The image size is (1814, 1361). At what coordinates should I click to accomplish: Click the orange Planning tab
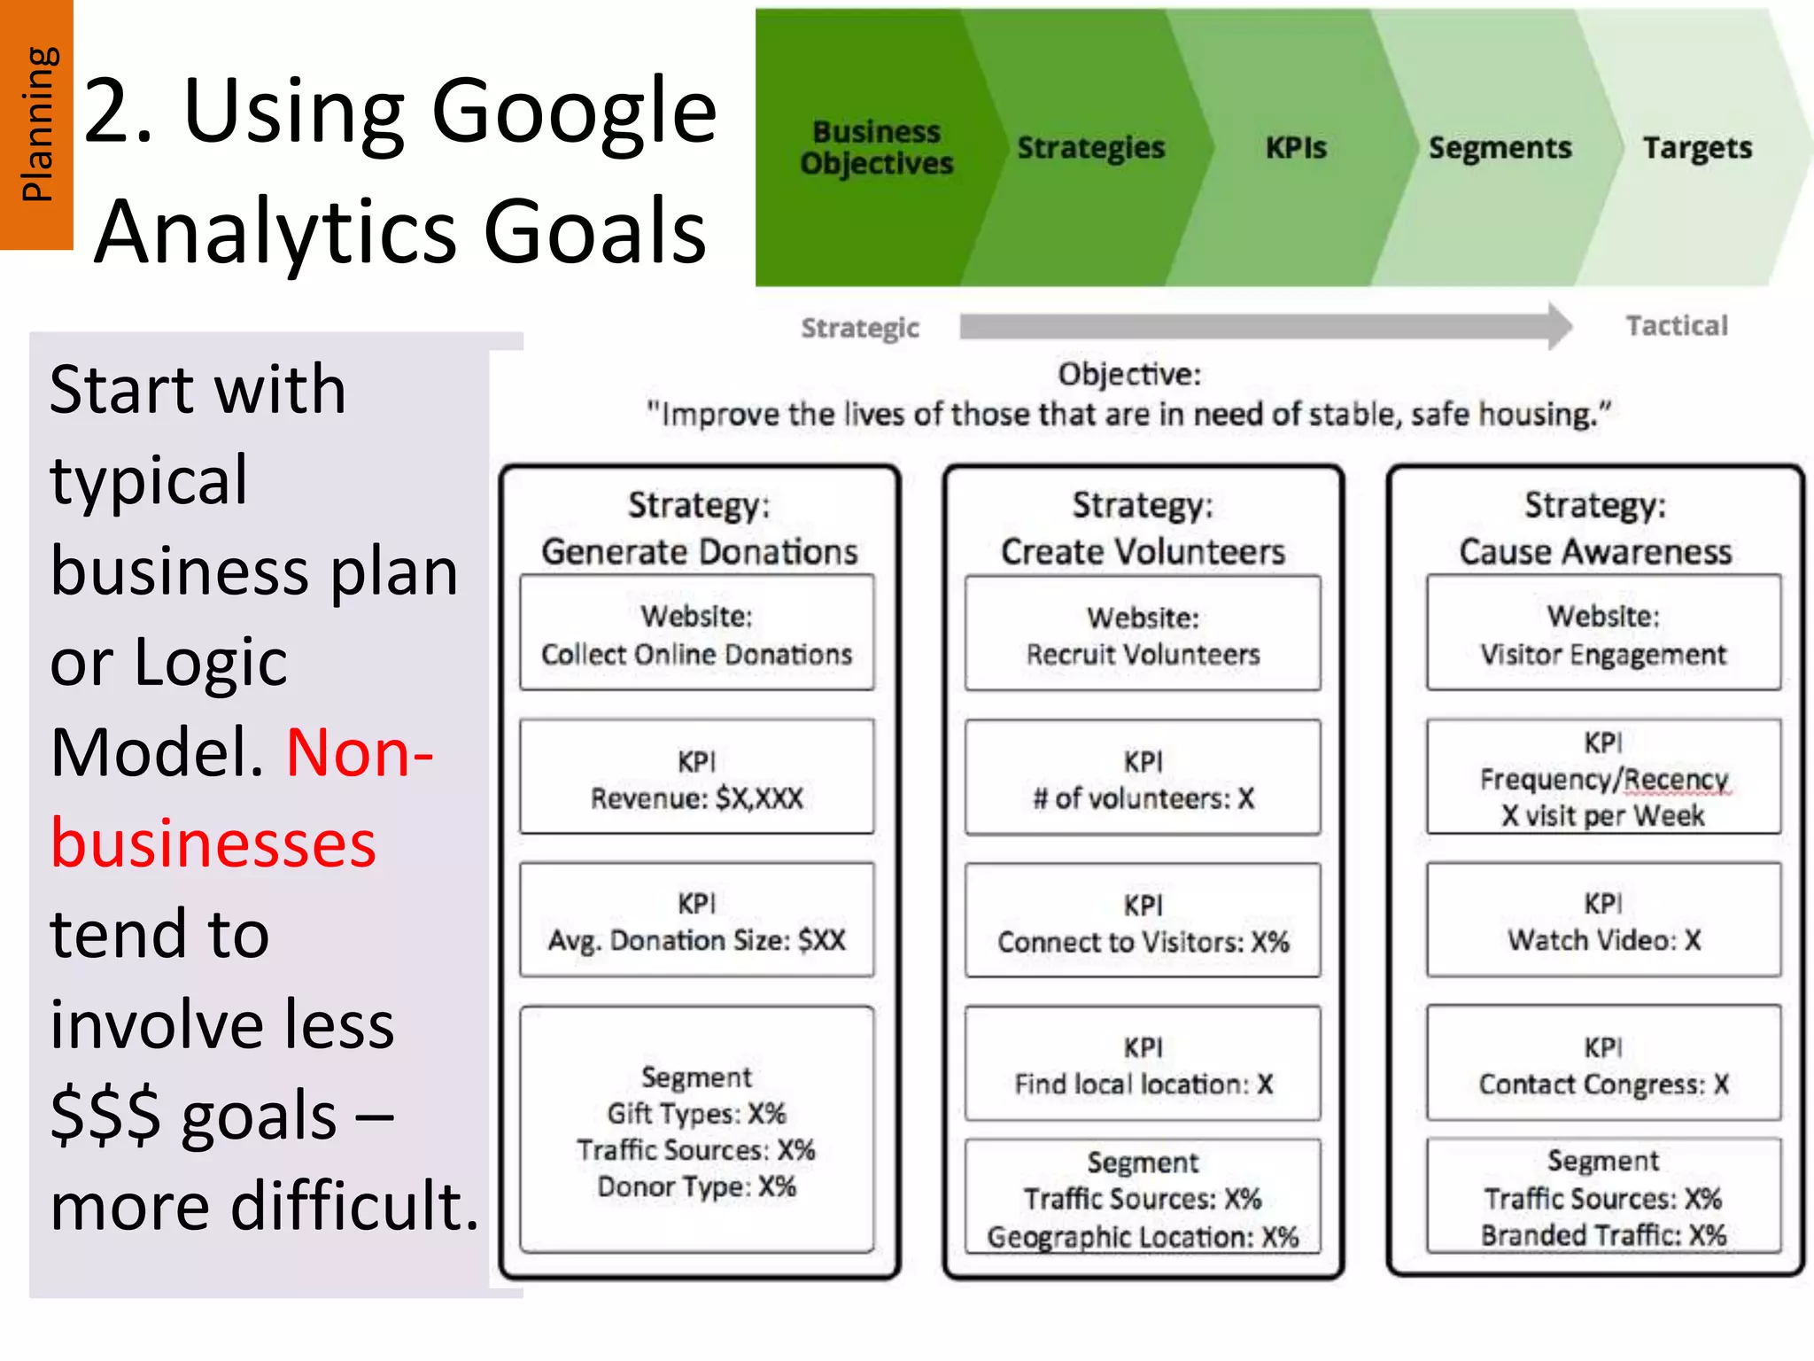pos(36,124)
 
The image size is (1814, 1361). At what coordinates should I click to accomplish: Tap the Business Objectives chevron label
pos(876,147)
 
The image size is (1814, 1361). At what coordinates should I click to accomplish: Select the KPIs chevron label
pos(1296,147)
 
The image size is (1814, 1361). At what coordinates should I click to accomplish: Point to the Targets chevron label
pos(1697,147)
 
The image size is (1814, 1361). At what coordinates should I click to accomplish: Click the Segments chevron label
pos(1500,147)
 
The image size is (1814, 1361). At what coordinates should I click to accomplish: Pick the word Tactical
pos(1677,326)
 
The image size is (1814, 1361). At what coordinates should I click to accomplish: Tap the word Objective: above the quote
pos(1129,374)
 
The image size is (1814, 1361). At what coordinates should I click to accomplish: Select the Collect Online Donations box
pos(697,634)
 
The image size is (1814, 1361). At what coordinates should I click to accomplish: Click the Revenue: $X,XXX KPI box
pos(697,778)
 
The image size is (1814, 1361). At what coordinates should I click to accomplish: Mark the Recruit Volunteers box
pos(1143,634)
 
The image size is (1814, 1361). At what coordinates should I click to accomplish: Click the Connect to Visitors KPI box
pos(1143,922)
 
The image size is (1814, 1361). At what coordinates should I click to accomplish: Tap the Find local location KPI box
pos(1143,1065)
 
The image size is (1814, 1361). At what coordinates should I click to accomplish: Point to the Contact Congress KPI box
pos(1603,1065)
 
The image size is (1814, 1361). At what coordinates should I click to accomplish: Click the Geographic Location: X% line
pos(1143,1236)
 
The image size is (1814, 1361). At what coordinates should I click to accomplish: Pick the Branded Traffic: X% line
pos(1603,1235)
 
